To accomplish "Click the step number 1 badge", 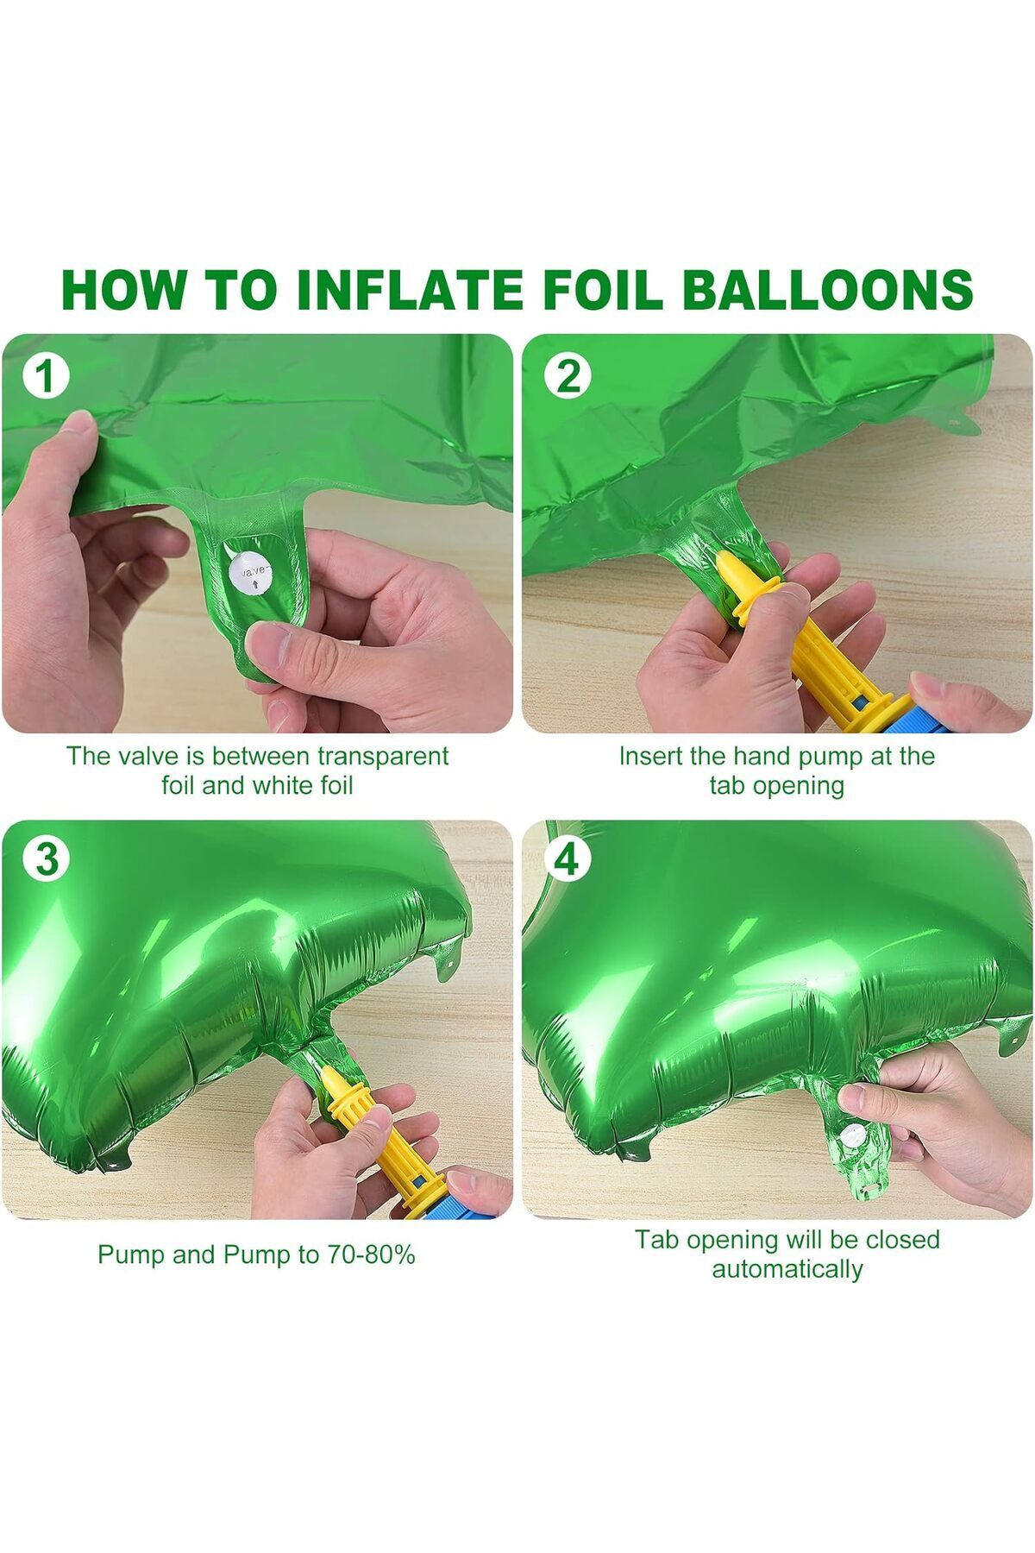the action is [45, 377].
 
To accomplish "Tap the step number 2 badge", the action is [568, 376].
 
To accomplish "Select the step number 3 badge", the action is [47, 860].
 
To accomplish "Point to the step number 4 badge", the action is [567, 859].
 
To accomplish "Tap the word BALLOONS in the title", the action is [827, 289].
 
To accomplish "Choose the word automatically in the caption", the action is [787, 1269].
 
